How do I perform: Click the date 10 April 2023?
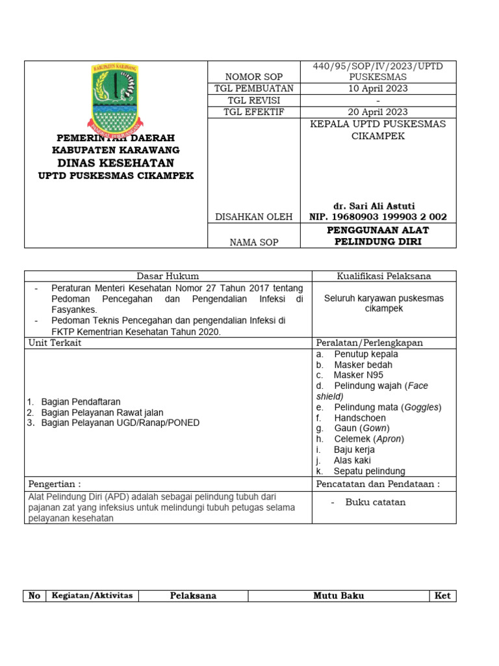pyautogui.click(x=378, y=88)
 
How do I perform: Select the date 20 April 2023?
pyautogui.click(x=378, y=112)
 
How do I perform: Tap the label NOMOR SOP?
pyautogui.click(x=253, y=77)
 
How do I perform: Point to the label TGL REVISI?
pyautogui.click(x=253, y=100)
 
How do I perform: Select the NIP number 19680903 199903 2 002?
pyautogui.click(x=378, y=217)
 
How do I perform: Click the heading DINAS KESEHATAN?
pyautogui.click(x=116, y=163)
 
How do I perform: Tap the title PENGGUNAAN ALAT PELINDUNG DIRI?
pyautogui.click(x=378, y=235)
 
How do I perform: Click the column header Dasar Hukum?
pyautogui.click(x=168, y=276)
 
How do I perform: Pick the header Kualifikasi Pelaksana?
pyautogui.click(x=383, y=276)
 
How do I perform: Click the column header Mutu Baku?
pyautogui.click(x=339, y=596)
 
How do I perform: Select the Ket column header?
pyautogui.click(x=442, y=596)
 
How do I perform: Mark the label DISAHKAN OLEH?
pyautogui.click(x=253, y=217)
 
